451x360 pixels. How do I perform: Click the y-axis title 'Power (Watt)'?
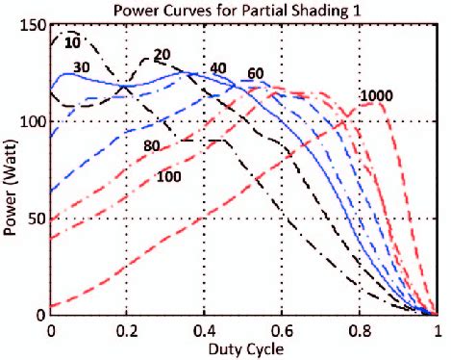[x=11, y=169]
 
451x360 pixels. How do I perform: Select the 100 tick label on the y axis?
[x=33, y=122]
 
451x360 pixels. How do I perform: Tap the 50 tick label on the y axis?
[x=37, y=219]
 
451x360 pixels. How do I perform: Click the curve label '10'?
[x=73, y=42]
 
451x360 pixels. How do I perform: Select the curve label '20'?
[x=162, y=54]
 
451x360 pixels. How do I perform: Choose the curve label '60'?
[x=256, y=74]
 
